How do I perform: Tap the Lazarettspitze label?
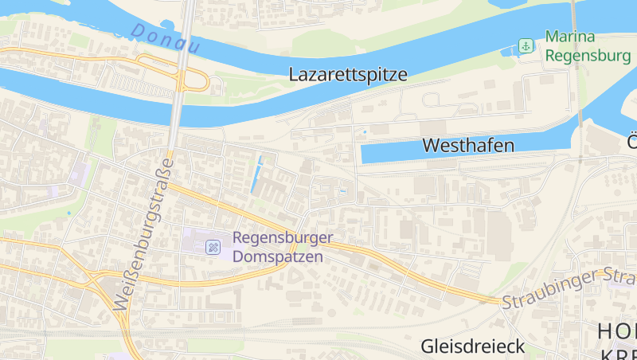(x=348, y=75)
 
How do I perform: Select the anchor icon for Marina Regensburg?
(x=526, y=46)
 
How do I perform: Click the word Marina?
(x=572, y=37)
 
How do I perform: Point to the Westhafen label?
(x=468, y=145)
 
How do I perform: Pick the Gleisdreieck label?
(x=473, y=346)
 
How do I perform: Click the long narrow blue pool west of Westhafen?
(x=257, y=174)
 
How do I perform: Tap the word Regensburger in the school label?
(x=282, y=238)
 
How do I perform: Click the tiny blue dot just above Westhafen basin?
(x=365, y=131)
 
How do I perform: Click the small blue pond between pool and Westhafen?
(x=342, y=191)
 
